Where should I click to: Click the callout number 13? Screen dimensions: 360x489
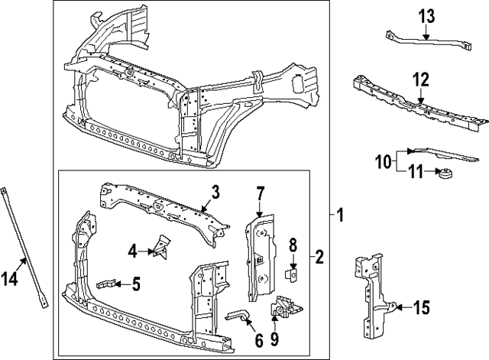[x=426, y=17]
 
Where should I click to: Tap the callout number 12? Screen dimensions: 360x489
[x=421, y=79]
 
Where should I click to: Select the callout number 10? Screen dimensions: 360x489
[x=382, y=161]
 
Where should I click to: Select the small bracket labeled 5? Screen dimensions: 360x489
[x=108, y=285]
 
